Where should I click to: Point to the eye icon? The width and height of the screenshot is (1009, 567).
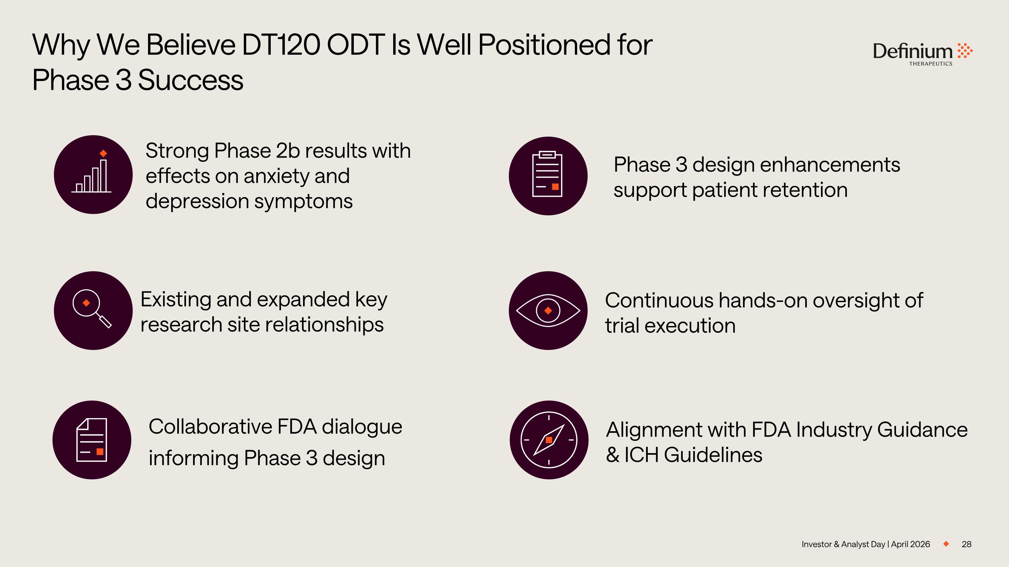pos(548,310)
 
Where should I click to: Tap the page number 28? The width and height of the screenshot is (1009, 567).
pos(966,544)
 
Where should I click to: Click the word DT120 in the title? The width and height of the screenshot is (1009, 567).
pos(281,45)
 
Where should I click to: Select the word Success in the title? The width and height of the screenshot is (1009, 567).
pos(190,80)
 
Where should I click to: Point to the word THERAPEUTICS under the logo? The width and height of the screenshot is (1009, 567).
pos(930,64)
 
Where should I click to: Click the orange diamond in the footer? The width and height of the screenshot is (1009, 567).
pos(946,544)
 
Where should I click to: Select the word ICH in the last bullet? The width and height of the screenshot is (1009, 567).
pos(641,455)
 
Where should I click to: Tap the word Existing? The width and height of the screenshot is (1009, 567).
pos(176,299)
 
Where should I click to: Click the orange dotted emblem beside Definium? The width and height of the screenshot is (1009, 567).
pos(965,51)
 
